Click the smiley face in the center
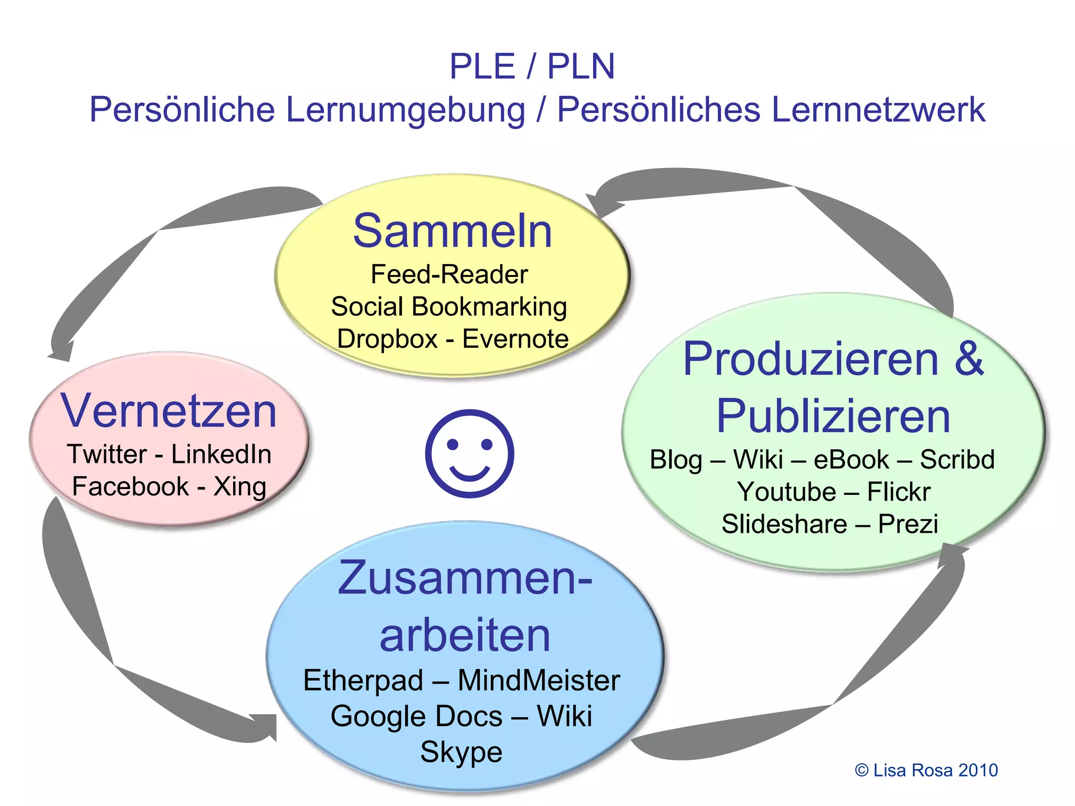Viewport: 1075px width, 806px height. pos(469,453)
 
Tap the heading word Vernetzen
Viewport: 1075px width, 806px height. pos(168,411)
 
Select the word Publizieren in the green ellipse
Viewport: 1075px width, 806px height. pos(834,416)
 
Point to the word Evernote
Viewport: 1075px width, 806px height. pos(515,339)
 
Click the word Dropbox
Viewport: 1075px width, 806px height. pos(387,339)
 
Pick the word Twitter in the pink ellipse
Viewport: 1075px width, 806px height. pos(107,454)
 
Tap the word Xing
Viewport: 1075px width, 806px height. pos(240,486)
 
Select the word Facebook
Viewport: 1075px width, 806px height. pos(130,486)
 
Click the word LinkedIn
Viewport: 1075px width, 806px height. pos(221,454)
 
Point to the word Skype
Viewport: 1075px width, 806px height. pos(461,752)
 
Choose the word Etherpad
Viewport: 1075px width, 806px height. pos(363,681)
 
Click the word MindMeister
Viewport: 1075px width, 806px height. pos(539,681)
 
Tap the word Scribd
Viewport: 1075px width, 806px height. pos(957,460)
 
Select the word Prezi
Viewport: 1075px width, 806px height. pos(908,524)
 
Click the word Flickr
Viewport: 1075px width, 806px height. pos(899,492)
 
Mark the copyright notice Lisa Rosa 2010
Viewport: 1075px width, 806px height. pos(926,770)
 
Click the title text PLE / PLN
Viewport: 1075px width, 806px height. pos(532,67)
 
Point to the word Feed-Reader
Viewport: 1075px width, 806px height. pos(449,274)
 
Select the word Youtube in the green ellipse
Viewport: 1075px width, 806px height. pos(786,492)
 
